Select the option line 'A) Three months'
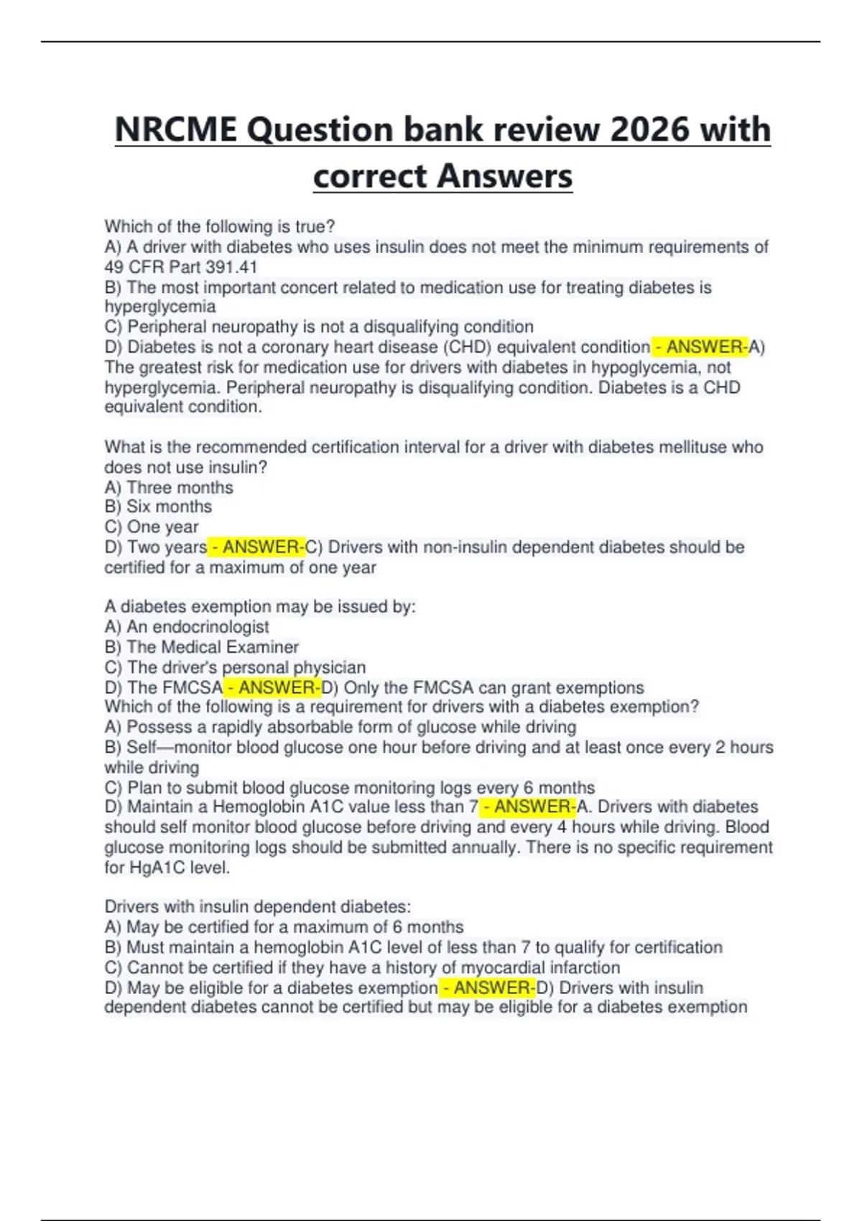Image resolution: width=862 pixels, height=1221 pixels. click(169, 487)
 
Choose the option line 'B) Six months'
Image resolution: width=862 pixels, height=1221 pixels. click(158, 506)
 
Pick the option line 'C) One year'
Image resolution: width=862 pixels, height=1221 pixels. click(152, 526)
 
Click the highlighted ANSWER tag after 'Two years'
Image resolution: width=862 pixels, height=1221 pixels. click(256, 547)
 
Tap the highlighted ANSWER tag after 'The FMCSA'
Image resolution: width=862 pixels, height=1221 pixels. click(272, 687)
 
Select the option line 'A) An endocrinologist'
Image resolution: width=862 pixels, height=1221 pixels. click(187, 626)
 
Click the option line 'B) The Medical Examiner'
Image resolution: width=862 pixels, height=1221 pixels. click(202, 646)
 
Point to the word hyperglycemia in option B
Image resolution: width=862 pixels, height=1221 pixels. click(160, 307)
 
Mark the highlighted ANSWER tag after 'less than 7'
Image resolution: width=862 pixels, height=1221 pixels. click(528, 807)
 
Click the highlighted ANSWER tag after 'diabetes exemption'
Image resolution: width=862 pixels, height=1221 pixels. click(488, 988)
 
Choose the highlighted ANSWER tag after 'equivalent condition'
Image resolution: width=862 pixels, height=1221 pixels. click(700, 347)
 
